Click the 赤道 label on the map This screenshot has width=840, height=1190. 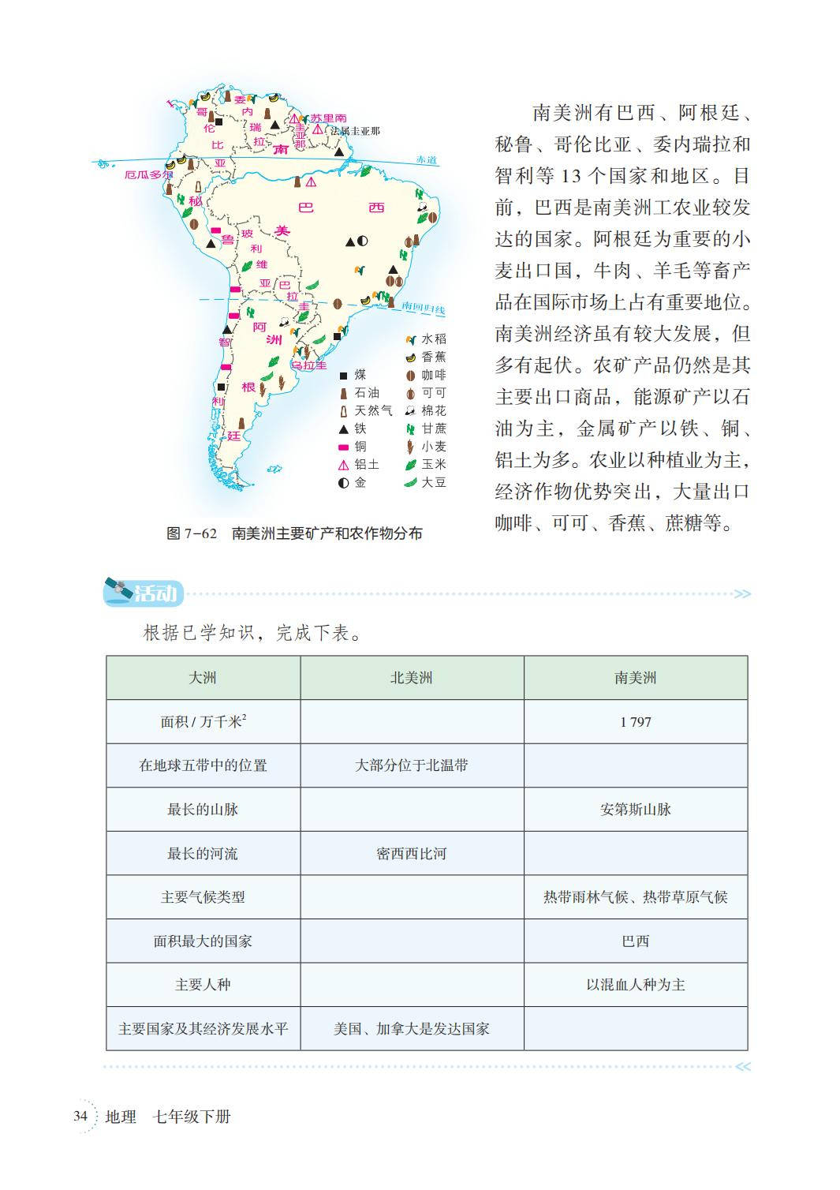427,160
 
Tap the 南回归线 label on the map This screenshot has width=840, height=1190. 423,308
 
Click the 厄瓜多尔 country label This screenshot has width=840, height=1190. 148,174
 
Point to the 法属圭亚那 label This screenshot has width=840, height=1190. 355,131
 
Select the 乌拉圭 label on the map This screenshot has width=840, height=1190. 309,365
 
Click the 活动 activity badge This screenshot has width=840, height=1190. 144,593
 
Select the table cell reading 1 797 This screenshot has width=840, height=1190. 635,721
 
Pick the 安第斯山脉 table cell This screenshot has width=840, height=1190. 635,809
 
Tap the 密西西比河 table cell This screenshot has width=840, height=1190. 411,853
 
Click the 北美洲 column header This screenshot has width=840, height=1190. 411,677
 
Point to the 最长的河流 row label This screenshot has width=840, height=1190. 203,853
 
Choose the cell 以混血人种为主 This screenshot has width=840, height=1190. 635,984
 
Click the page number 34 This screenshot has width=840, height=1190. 80,1116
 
